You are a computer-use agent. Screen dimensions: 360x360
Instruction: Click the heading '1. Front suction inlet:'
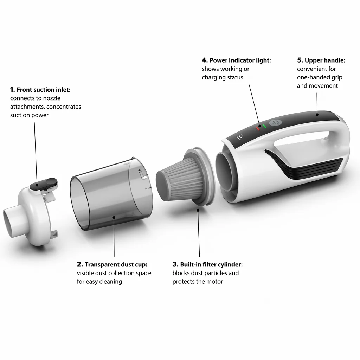pyautogui.click(x=40, y=90)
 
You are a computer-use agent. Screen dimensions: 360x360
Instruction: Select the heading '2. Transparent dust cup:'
pyautogui.click(x=112, y=264)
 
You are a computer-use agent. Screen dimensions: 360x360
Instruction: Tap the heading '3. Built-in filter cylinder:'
pyautogui.click(x=207, y=264)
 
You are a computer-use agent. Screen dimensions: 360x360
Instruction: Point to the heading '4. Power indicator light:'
pyautogui.click(x=237, y=60)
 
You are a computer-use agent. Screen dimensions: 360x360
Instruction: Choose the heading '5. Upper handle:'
pyautogui.click(x=321, y=60)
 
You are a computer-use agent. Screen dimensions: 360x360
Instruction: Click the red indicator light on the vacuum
pyautogui.click(x=258, y=129)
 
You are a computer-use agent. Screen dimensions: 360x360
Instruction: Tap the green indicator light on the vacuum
pyautogui.click(x=264, y=126)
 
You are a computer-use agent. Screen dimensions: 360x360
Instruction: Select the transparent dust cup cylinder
pyautogui.click(x=111, y=194)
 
